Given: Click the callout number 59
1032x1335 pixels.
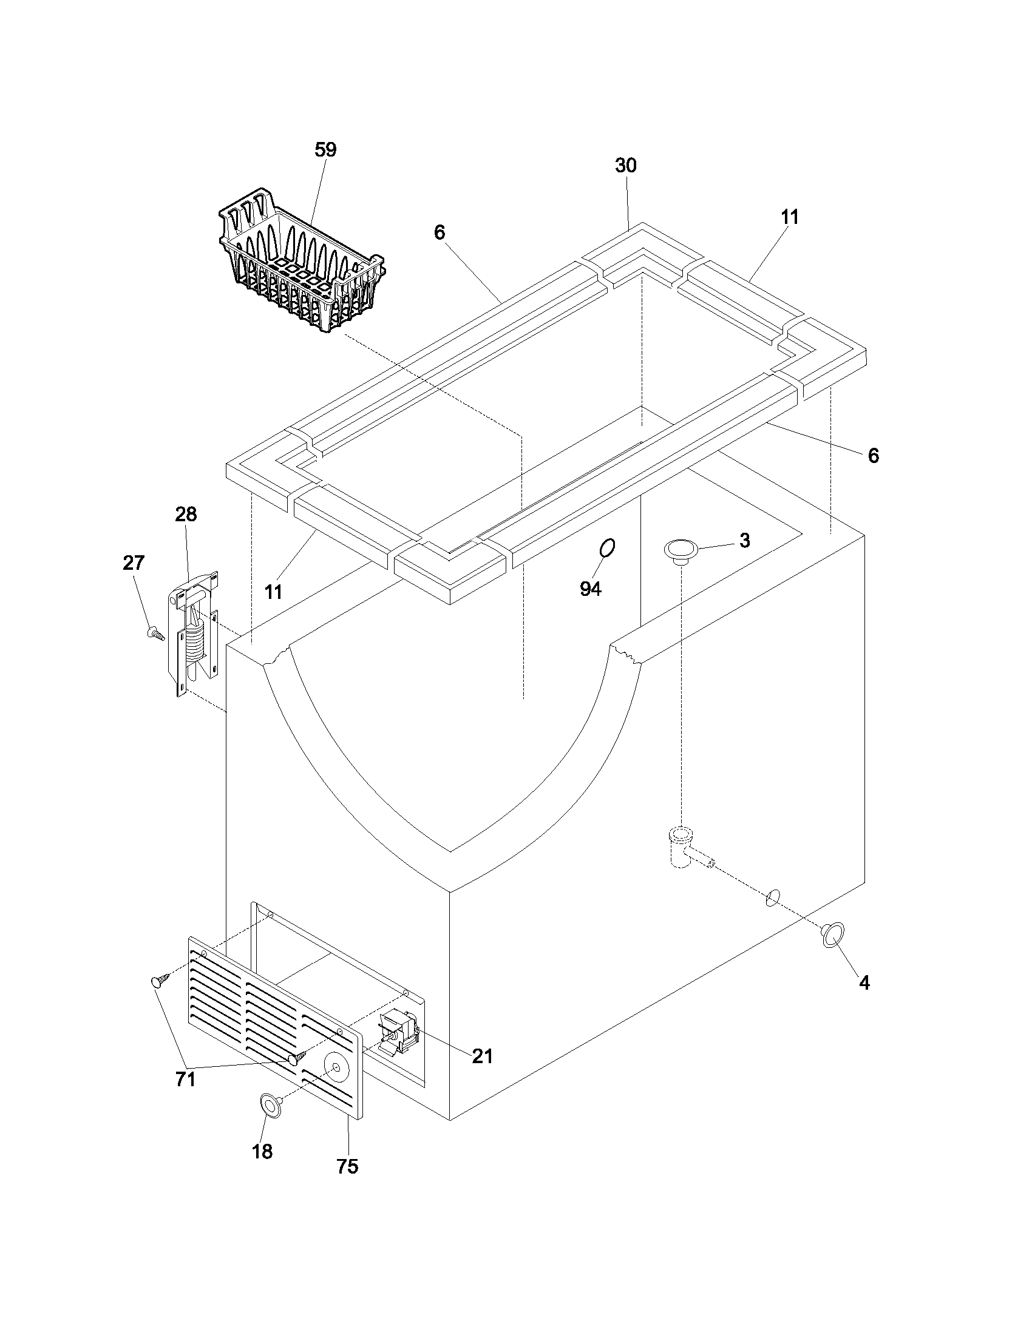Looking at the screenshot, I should pos(325,150).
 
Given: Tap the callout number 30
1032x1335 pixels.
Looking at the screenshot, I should pos(625,166).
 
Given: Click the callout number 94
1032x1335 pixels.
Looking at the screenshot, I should pos(591,589).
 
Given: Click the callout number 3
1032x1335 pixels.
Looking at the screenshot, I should pos(744,540).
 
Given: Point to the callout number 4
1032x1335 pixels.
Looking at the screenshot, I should pos(863,983).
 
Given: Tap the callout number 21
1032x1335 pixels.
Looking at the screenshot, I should pos(482,1056).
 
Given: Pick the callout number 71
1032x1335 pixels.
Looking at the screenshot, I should pos(185,1080).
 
